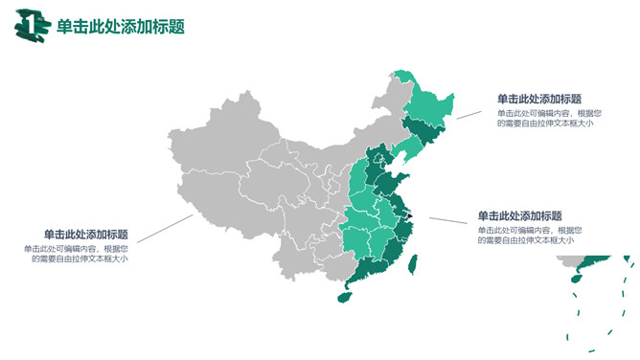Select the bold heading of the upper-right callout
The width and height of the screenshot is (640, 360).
[x=538, y=99]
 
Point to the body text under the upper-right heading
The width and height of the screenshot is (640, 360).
[x=544, y=118]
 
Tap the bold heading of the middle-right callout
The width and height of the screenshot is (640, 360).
[x=519, y=215]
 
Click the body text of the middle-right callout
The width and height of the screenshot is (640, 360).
[x=525, y=235]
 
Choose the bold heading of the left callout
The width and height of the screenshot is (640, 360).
[x=86, y=235]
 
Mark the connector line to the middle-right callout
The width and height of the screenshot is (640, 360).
[x=447, y=221]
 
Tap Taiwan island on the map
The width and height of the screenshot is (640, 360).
[x=412, y=264]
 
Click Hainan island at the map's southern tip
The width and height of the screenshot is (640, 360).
[x=342, y=297]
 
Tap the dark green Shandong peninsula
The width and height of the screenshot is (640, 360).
[x=393, y=183]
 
